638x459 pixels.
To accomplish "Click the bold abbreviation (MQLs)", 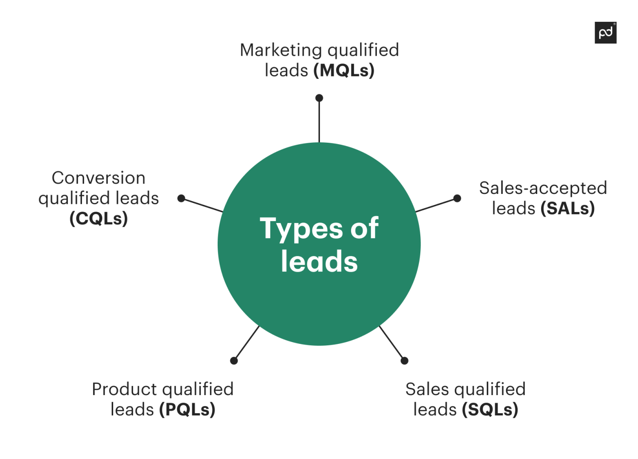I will (x=344, y=71).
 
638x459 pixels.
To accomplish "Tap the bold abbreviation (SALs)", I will (x=567, y=208).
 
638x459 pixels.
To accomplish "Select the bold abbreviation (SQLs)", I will (x=490, y=410).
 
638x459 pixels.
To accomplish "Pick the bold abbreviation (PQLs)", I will (x=187, y=410).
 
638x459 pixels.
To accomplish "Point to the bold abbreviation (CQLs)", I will (x=99, y=218).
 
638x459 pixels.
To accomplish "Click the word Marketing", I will (x=280, y=50).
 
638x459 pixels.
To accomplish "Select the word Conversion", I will (x=99, y=178).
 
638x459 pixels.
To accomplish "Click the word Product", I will (x=124, y=389).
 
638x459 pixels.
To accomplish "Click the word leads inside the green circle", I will (x=319, y=261).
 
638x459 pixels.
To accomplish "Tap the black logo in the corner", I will (x=605, y=33).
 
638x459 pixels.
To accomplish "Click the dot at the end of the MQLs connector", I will (x=319, y=98).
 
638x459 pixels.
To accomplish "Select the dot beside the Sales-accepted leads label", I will (x=457, y=198).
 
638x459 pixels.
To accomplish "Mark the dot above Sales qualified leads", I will (x=405, y=361).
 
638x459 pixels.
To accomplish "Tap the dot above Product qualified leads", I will (x=234, y=361).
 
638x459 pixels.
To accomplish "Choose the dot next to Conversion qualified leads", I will (x=181, y=198).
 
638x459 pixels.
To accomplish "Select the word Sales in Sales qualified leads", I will (x=427, y=389).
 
